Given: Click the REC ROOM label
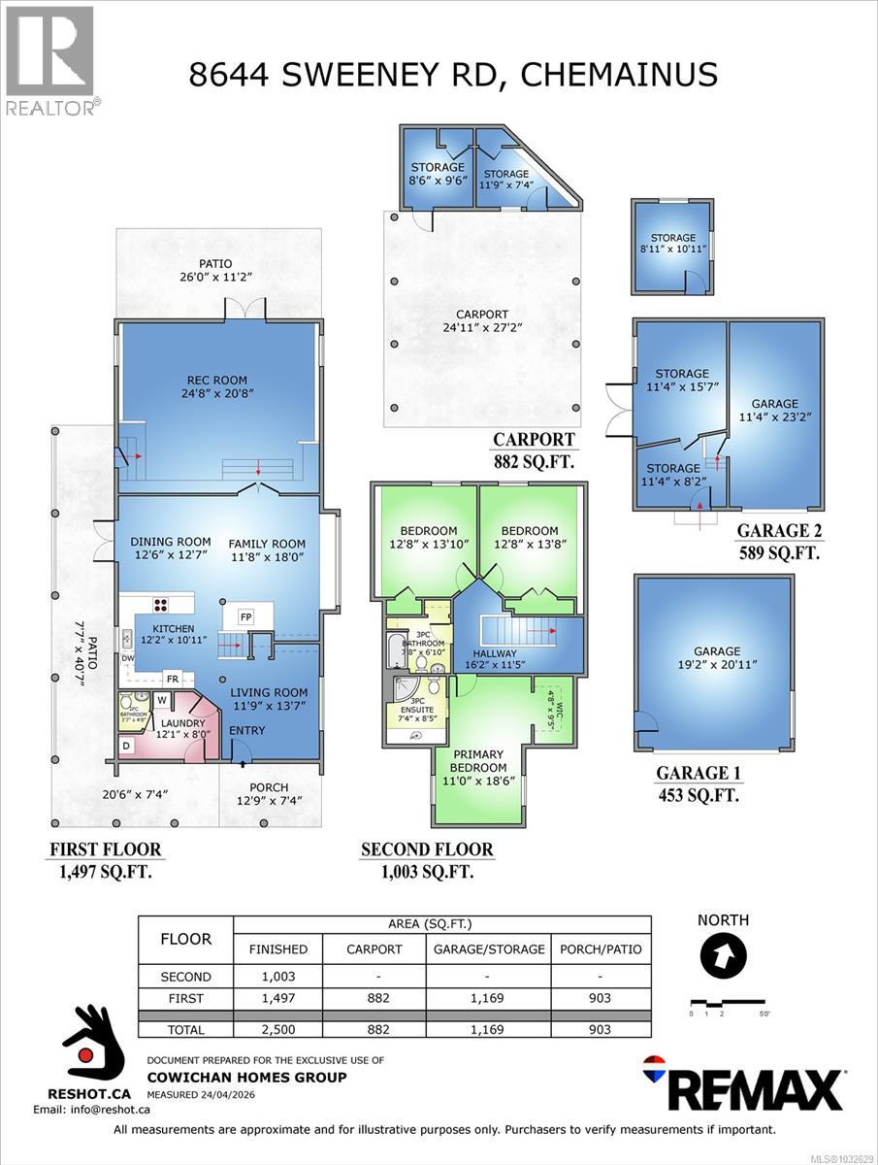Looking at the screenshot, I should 217,380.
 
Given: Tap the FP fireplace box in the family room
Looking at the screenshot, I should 245,616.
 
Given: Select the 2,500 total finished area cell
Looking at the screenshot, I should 278,1029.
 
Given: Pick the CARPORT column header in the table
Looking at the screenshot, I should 374,949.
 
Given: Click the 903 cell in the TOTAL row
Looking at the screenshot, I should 601,1029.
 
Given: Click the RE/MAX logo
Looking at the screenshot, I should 743,1083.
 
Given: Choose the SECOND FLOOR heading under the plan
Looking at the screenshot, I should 427,849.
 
